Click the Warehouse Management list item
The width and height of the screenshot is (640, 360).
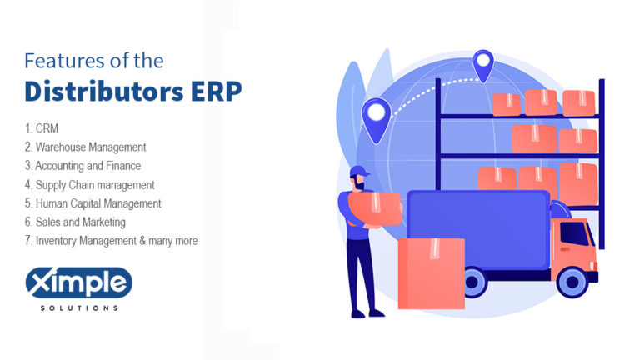tap(85, 147)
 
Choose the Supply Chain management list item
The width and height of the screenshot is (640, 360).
tap(90, 184)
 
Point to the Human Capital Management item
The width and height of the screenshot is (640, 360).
tap(92, 202)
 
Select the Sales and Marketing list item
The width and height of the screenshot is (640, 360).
tap(75, 222)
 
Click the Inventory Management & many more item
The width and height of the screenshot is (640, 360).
tap(111, 240)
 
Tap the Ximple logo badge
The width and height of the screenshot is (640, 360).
tap(78, 283)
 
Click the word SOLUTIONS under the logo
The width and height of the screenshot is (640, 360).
tap(78, 307)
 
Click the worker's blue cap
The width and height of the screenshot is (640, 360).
tap(359, 172)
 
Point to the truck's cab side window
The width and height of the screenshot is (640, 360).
tap(574, 234)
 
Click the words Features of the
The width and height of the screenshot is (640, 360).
tap(94, 60)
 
